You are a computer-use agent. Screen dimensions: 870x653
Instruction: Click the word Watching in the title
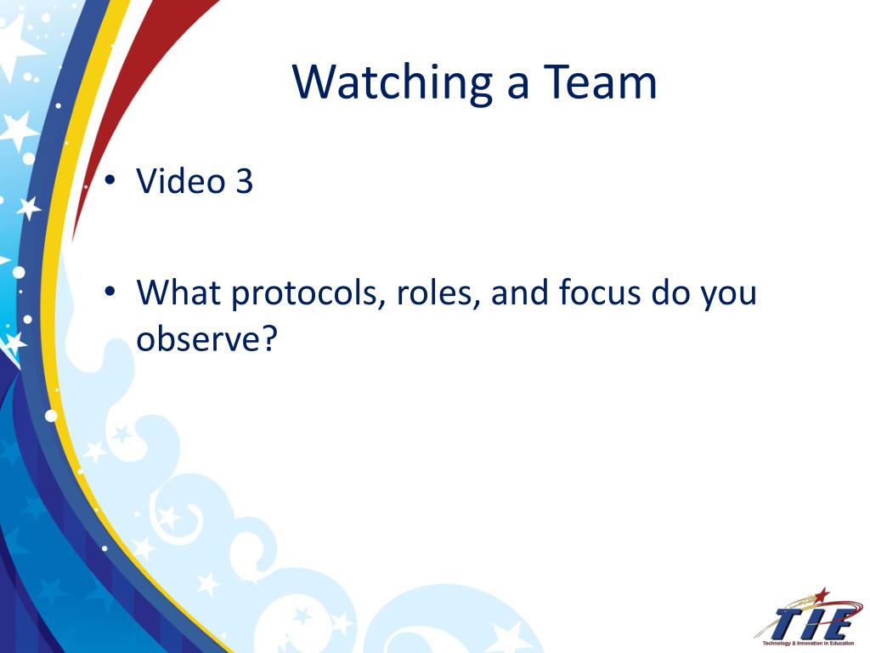tap(393, 82)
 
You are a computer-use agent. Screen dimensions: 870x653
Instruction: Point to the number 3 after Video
tap(244, 181)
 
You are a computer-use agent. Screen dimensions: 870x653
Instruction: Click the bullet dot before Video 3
tap(110, 180)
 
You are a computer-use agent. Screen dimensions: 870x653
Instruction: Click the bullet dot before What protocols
tap(110, 291)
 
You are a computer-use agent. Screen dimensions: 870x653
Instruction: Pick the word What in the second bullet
tap(178, 292)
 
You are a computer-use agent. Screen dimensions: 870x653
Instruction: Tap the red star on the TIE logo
tap(822, 595)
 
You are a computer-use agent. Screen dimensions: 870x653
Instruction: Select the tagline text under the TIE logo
tap(809, 643)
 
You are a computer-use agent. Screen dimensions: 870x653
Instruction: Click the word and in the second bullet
tap(520, 292)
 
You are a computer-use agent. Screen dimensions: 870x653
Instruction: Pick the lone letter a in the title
tap(517, 86)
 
